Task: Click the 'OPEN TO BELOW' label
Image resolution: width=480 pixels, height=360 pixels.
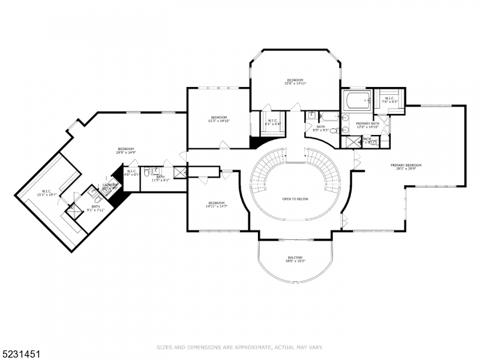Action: (295, 199)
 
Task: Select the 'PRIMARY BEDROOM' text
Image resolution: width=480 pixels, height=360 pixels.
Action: (406, 165)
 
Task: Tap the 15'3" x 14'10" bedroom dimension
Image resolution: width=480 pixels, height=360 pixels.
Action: (218, 121)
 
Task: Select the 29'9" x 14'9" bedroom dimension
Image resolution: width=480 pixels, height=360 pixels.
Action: (125, 152)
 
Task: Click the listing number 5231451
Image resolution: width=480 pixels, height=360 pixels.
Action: (21, 347)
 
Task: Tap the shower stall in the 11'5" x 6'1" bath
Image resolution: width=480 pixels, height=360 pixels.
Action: (179, 172)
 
